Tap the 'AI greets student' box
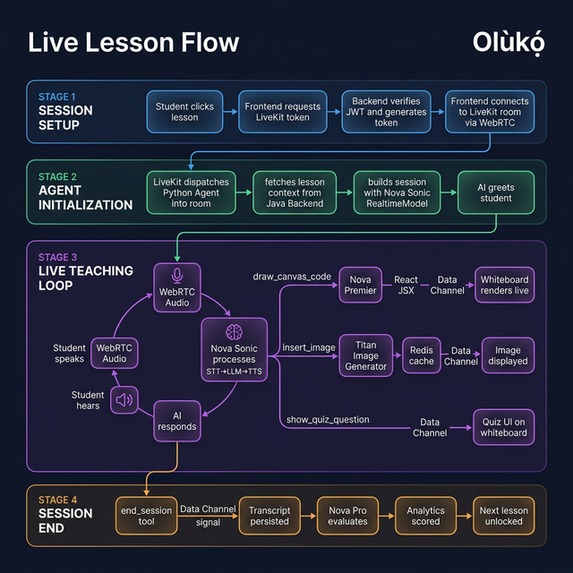tap(496, 191)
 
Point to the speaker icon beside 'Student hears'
tap(125, 401)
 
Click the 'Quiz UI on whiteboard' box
tap(503, 427)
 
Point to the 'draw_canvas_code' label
tap(291, 274)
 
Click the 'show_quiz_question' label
tap(327, 419)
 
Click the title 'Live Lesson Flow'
tap(133, 42)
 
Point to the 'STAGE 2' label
tap(57, 175)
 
